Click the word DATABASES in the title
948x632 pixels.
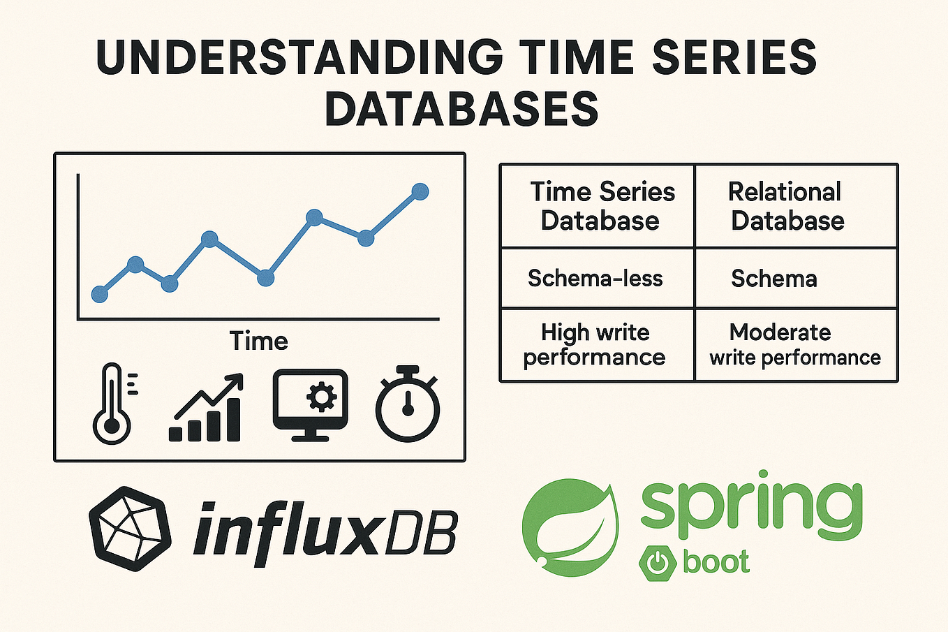(x=461, y=109)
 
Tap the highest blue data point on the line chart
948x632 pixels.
(x=420, y=191)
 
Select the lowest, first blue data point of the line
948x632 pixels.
(x=100, y=294)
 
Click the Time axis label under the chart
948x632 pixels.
(x=258, y=341)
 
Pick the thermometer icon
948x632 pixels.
(x=113, y=404)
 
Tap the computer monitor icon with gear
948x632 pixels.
(x=310, y=404)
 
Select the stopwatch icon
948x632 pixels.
(x=408, y=404)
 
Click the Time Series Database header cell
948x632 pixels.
(x=600, y=206)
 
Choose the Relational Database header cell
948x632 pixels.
(x=787, y=206)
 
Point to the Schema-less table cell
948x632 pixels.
(x=595, y=279)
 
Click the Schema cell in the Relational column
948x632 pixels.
(x=773, y=279)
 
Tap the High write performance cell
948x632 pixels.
(x=595, y=344)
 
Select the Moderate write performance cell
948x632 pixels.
(x=794, y=344)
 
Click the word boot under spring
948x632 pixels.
(x=716, y=562)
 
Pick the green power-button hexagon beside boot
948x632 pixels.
(x=656, y=563)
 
